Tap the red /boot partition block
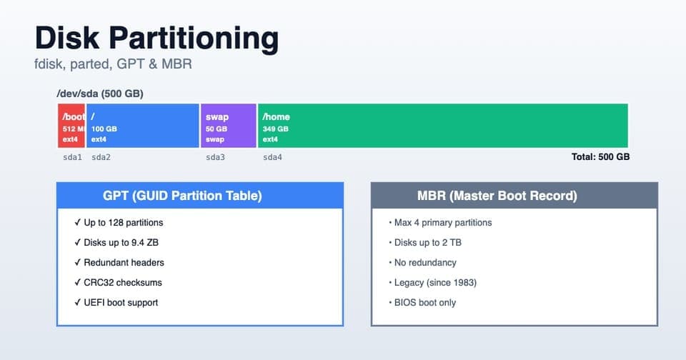[71, 126]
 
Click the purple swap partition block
[228, 126]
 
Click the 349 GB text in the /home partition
[275, 129]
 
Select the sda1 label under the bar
[72, 157]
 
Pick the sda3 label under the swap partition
[215, 157]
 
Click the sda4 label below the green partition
[272, 157]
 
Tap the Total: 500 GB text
[600, 157]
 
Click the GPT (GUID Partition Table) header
[182, 196]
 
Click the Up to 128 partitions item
[123, 223]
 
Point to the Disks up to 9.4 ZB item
[121, 243]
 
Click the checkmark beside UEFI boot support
[77, 303]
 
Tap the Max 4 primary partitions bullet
[442, 223]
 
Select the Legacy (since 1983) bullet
[434, 283]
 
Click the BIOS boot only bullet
[424, 303]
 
